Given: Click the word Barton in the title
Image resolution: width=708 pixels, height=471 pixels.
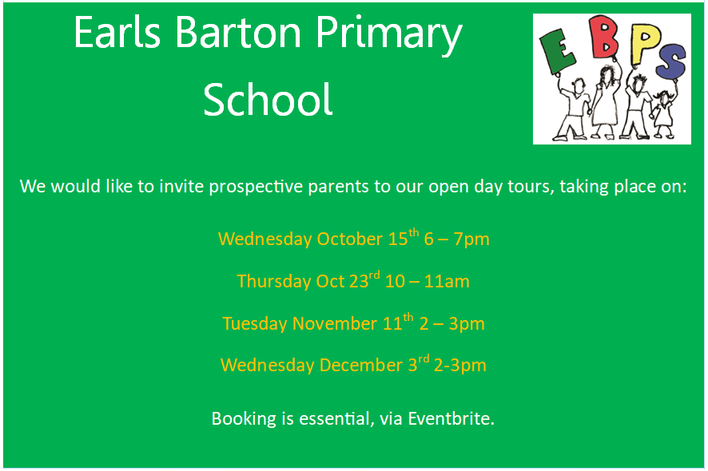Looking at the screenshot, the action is coord(238,33).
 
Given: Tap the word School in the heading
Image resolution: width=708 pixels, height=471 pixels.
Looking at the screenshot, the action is coord(268,100).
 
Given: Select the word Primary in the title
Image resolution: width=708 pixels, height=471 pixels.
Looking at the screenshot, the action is coord(389,36).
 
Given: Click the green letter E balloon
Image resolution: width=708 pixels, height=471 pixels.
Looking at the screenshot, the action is coord(558,51).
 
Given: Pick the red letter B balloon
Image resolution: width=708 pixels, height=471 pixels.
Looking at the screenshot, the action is coord(604,37).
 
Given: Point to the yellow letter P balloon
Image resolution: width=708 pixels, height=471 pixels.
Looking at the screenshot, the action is coord(645,43).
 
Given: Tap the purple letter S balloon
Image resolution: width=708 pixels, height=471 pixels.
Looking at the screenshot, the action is coord(670,61).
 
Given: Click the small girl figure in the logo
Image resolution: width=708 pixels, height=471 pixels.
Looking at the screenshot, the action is coord(662,113).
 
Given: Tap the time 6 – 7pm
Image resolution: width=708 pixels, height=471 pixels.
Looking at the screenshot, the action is coord(456,239).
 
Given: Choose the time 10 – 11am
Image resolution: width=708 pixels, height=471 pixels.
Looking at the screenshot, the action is coord(428,282).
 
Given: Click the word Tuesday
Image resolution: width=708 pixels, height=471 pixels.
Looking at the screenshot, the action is coord(255,324).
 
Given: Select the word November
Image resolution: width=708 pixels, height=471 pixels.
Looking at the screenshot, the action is coord(335,324).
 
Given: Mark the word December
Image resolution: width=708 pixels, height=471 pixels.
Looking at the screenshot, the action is coord(360,365).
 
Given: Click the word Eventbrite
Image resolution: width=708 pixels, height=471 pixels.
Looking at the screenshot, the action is coord(451,418).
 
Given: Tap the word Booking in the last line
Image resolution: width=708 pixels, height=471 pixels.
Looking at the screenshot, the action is coord(244,419).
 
